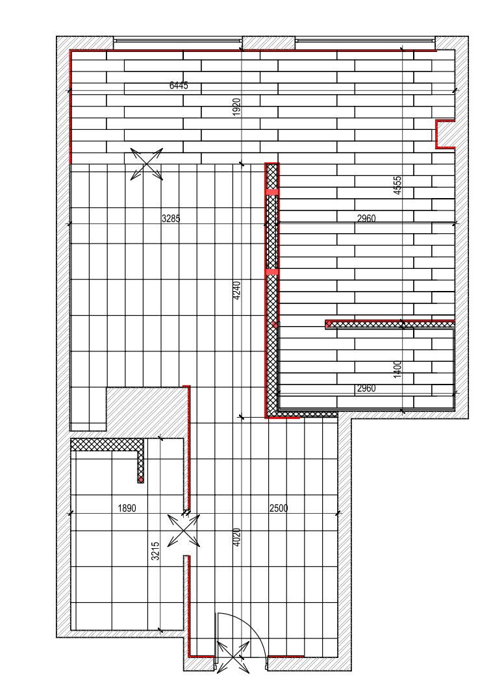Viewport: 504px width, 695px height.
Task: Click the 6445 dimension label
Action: [x=179, y=85]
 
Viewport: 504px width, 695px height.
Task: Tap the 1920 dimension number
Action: [x=236, y=107]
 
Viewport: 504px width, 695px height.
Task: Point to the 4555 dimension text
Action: [x=397, y=185]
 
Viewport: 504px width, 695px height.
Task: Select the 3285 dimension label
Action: [x=171, y=218]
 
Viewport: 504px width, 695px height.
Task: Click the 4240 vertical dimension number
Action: [x=236, y=290]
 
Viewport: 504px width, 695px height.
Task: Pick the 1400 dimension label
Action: [x=397, y=369]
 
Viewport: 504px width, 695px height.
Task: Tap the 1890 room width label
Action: [x=127, y=508]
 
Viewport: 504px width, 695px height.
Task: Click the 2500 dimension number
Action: [x=279, y=508]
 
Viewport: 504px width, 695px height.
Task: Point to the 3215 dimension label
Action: [x=156, y=551]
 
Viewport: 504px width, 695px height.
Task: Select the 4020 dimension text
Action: [x=236, y=537]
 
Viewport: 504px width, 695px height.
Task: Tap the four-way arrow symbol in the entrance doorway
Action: [x=233, y=658]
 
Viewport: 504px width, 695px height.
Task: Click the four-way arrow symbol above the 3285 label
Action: [x=147, y=164]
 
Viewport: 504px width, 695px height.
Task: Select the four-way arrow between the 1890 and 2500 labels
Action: [x=184, y=531]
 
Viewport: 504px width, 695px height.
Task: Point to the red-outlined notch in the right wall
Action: [x=445, y=134]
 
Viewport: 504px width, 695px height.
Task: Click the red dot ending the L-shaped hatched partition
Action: [x=140, y=479]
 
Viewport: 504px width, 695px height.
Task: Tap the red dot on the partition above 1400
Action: [x=328, y=325]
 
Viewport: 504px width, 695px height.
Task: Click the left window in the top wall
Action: [x=177, y=41]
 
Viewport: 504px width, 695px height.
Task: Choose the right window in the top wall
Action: [x=365, y=41]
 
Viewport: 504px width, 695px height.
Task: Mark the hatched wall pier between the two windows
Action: [x=269, y=43]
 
